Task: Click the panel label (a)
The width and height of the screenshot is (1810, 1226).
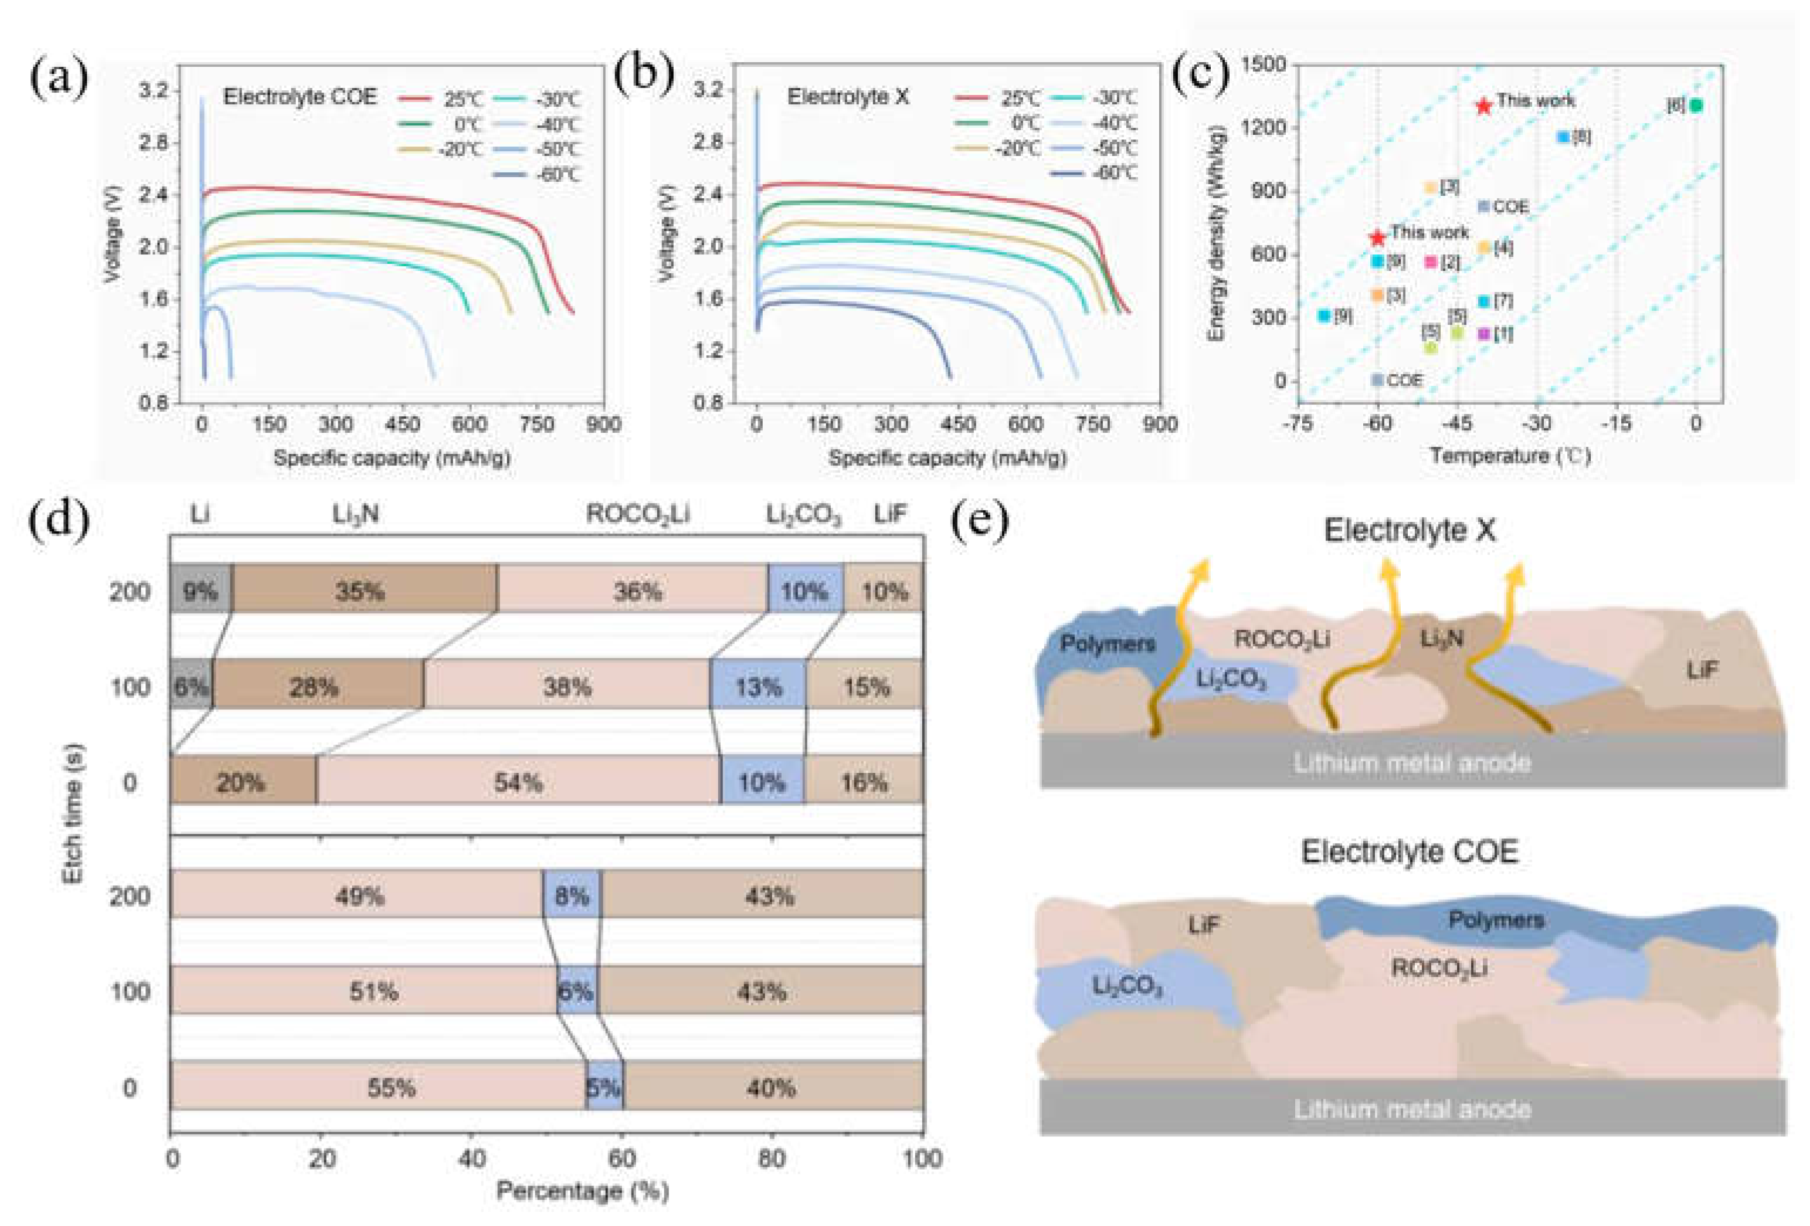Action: click(59, 79)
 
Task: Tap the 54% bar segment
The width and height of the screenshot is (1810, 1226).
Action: click(518, 781)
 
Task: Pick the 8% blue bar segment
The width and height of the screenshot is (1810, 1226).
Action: click(572, 895)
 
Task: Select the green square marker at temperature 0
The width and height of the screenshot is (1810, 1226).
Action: click(1696, 105)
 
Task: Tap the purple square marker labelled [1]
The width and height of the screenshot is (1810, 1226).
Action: click(1483, 334)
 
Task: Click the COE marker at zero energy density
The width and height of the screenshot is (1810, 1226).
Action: click(1377, 380)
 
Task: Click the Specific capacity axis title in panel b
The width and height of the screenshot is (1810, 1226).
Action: click(946, 458)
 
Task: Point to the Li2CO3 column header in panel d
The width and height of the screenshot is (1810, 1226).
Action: click(803, 515)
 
